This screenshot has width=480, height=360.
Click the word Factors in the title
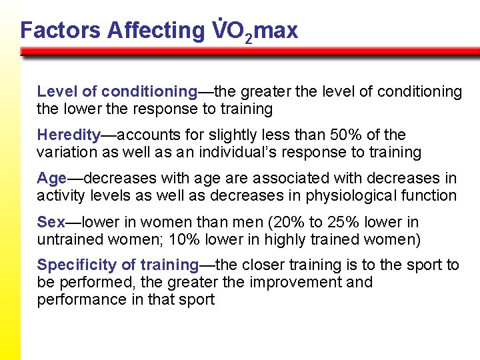pyautogui.click(x=60, y=30)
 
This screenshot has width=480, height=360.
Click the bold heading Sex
pyautogui.click(x=51, y=222)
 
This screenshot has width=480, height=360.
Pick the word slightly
pyautogui.click(x=230, y=135)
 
